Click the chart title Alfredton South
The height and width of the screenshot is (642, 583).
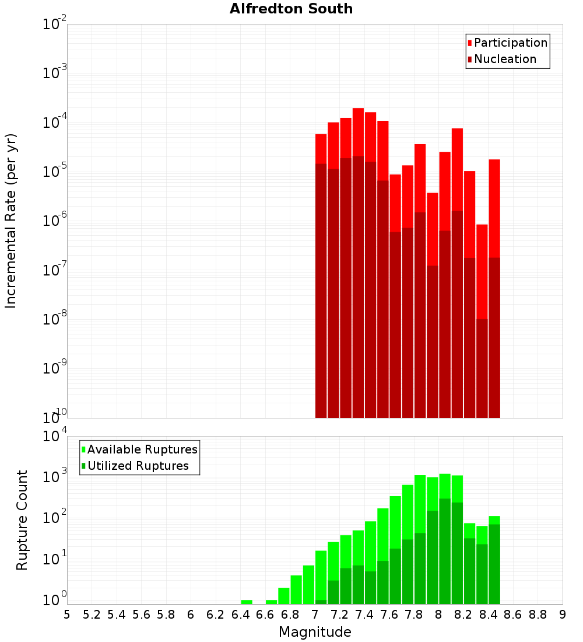[x=291, y=9]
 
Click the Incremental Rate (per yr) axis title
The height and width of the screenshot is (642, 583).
[x=11, y=221]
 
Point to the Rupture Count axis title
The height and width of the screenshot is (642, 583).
[x=22, y=519]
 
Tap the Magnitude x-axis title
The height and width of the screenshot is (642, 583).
[x=315, y=632]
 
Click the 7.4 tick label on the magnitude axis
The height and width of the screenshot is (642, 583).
[x=364, y=615]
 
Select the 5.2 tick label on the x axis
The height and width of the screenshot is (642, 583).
[x=92, y=615]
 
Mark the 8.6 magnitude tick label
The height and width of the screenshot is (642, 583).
[x=513, y=615]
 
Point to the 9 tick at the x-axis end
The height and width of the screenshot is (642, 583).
[x=563, y=615]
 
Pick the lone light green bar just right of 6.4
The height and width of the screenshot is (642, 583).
[x=247, y=602]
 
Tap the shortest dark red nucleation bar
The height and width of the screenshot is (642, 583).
[x=482, y=368]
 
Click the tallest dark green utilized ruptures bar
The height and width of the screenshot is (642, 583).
[x=445, y=549]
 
